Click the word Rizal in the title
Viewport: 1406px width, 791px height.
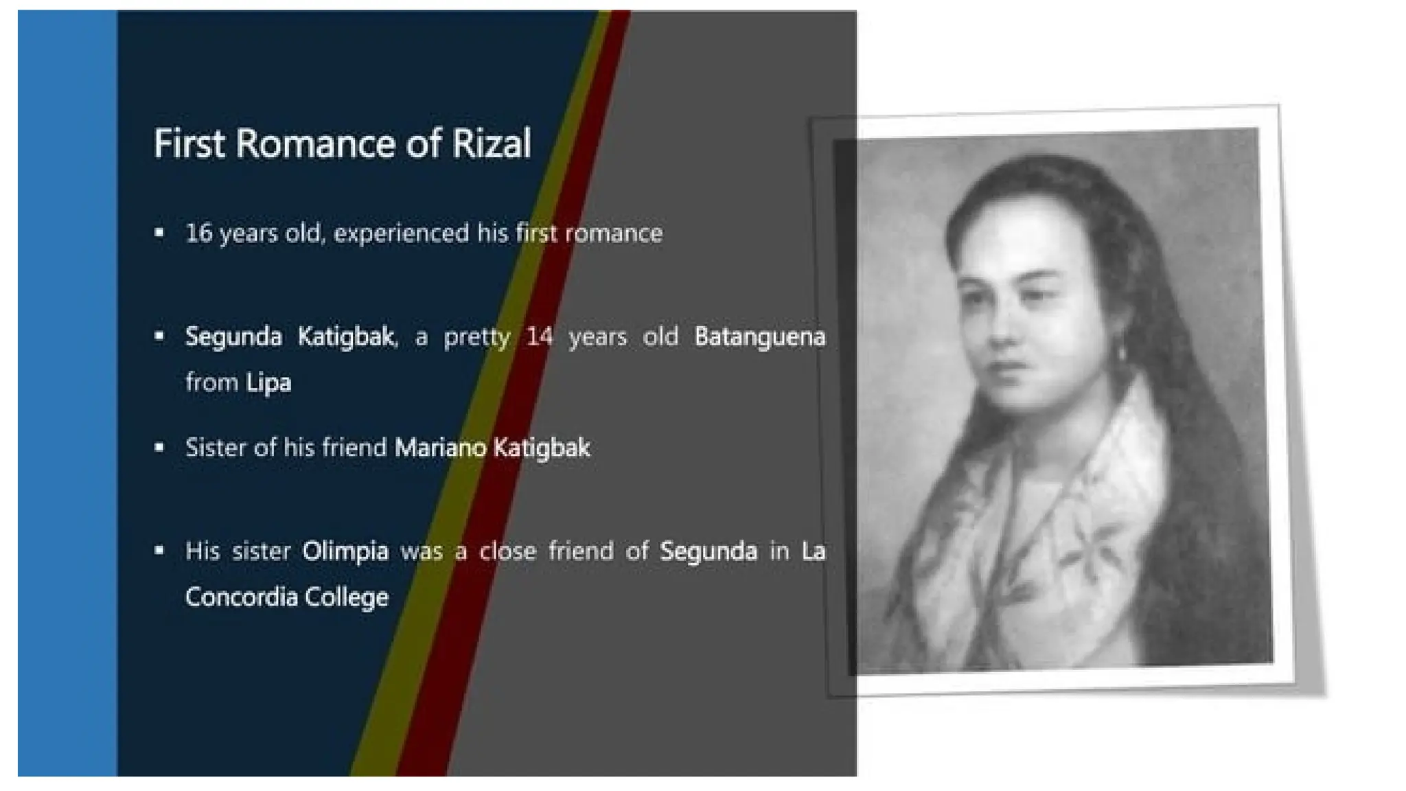[491, 144]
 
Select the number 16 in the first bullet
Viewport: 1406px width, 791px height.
[199, 233]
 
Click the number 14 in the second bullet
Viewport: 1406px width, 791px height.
[540, 337]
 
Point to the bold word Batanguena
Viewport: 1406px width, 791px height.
[759, 337]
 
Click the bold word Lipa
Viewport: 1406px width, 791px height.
[268, 382]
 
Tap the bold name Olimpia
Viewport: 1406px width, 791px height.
[345, 551]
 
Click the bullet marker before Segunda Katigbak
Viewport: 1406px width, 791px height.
[159, 336]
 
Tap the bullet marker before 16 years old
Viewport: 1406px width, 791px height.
[159, 233]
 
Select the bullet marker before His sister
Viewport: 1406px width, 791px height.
[159, 550]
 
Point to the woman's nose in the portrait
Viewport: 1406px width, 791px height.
[1009, 323]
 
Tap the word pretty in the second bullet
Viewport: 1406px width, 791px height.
[476, 337]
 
